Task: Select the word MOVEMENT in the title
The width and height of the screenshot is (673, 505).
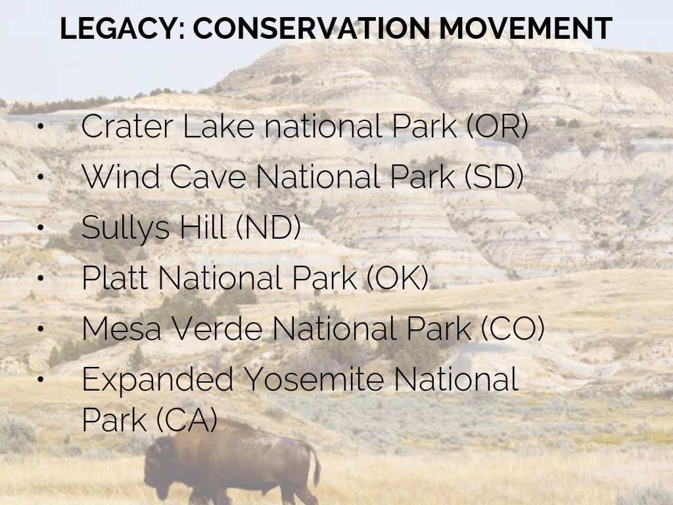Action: coord(526,29)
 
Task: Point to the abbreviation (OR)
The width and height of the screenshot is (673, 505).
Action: coord(497,126)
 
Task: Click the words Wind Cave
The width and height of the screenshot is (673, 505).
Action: coord(164,176)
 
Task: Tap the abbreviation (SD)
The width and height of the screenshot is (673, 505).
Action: coord(494,176)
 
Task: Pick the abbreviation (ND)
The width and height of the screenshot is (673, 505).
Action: coord(268,227)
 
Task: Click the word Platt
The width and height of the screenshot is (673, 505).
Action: coord(115,278)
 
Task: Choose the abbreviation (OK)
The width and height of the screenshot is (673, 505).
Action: coord(398,278)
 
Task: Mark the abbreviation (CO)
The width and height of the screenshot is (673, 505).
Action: coord(513,329)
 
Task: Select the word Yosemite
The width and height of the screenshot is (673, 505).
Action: coord(313,379)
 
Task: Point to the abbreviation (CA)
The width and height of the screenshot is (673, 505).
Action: coord(187,420)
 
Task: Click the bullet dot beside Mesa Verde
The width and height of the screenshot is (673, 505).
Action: coord(41,329)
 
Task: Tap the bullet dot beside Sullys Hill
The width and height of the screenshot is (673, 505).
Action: coord(41,227)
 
